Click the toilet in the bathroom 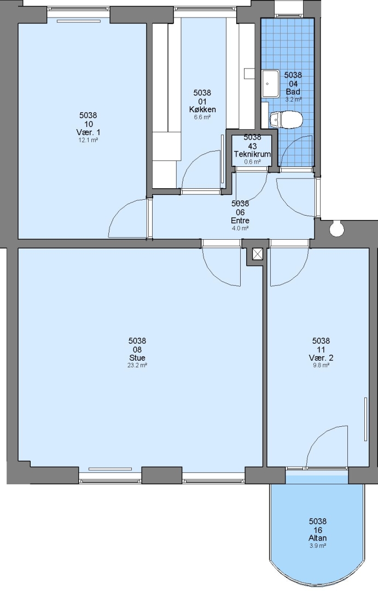[286, 119]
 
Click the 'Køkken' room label [202, 109]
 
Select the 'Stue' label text [137, 358]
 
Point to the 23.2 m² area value [137, 365]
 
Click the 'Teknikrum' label [252, 154]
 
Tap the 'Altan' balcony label [318, 538]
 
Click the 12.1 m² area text [88, 140]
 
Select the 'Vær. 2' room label [321, 358]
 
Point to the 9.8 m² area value [321, 365]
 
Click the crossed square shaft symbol [258, 254]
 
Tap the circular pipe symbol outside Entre [336, 229]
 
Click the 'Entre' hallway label [240, 221]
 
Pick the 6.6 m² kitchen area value [202, 117]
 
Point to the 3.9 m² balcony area [318, 546]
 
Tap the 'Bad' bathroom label [293, 91]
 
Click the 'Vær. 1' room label [88, 132]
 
